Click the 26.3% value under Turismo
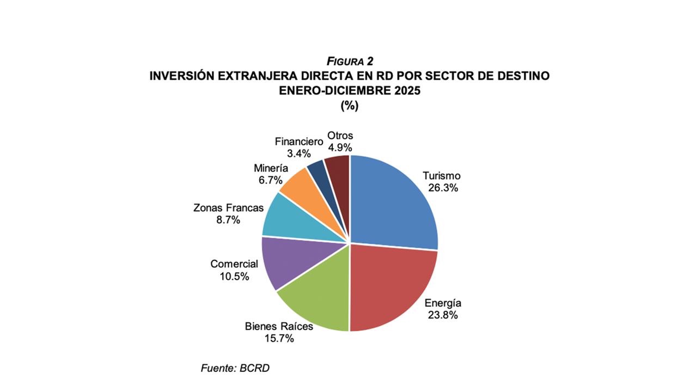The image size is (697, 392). click(x=442, y=188)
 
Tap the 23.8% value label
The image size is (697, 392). click(x=443, y=315)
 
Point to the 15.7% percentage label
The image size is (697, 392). click(x=279, y=339)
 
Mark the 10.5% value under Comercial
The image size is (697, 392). click(x=234, y=277)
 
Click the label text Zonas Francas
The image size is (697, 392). click(x=229, y=207)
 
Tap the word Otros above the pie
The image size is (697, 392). click(x=340, y=136)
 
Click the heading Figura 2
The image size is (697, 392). click(x=349, y=61)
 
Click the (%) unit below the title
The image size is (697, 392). click(x=349, y=106)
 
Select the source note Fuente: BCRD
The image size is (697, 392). click(x=235, y=368)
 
